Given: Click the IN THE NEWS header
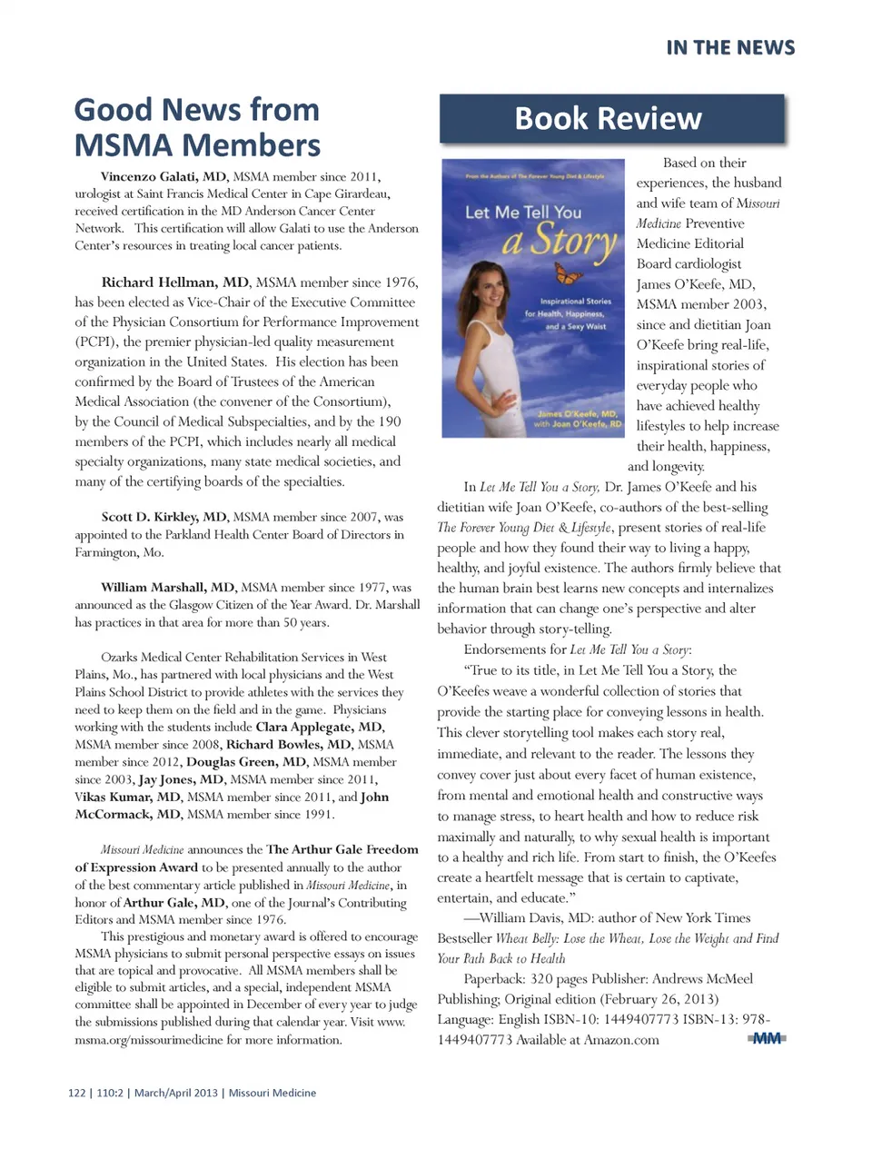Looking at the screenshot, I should click(730, 48).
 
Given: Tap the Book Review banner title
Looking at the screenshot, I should click(608, 119).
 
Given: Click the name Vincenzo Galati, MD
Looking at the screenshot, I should click(163, 177).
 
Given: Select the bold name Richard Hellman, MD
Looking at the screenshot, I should click(174, 282).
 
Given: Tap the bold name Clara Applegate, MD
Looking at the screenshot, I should click(320, 727).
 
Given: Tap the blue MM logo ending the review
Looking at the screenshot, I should click(767, 1038).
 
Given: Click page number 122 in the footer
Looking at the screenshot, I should click(76, 1093).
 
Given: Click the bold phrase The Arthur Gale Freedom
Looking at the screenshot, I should click(342, 849).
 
